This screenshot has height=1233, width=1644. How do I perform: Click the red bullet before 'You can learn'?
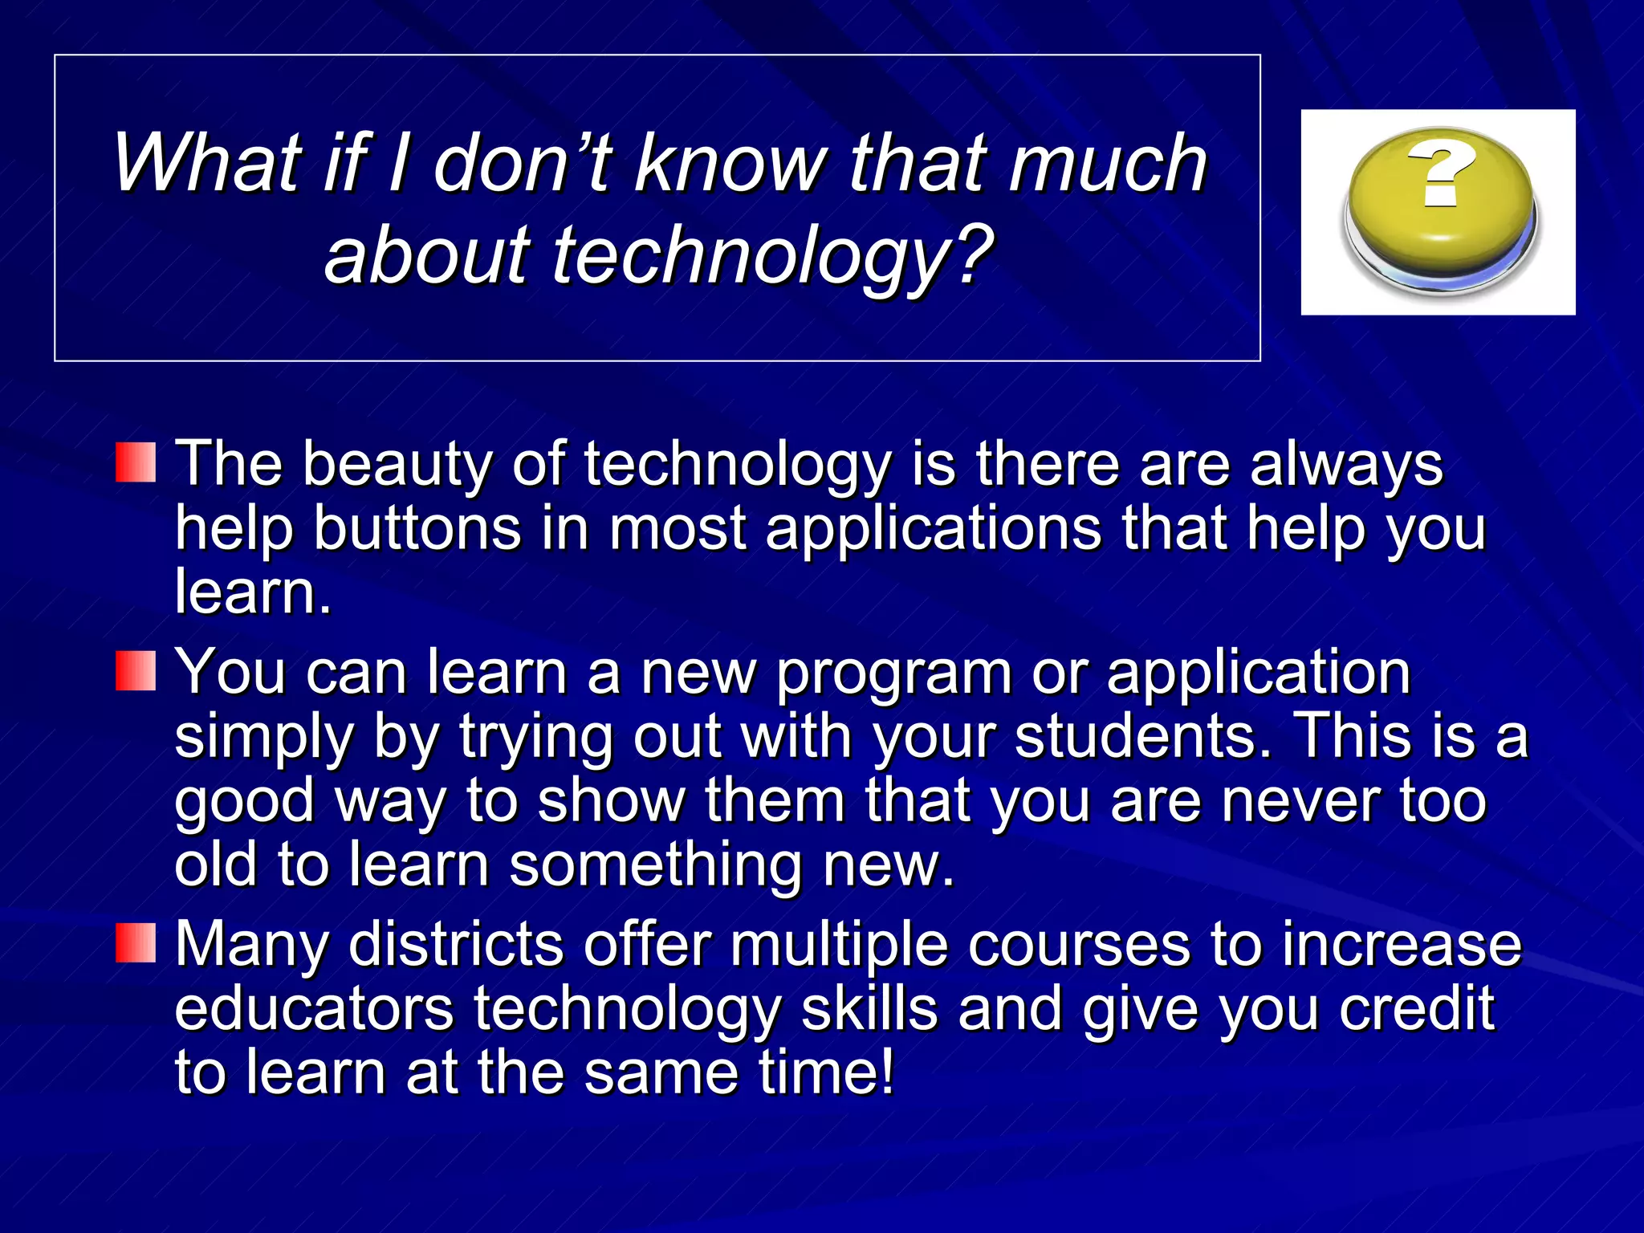tap(135, 671)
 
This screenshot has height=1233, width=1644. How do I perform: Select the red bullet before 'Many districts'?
tap(135, 942)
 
